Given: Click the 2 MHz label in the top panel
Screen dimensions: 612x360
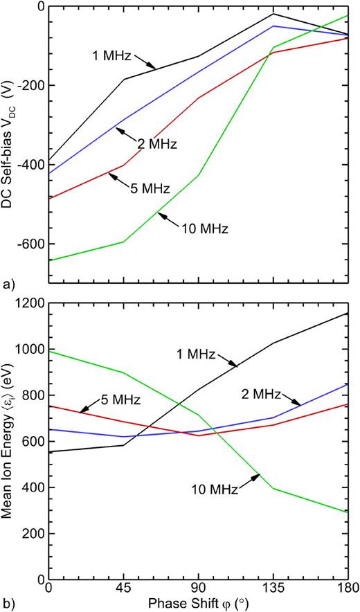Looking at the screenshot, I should click(156, 145).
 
